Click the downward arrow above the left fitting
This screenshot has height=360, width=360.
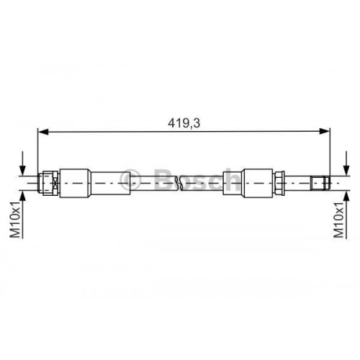click(26, 162)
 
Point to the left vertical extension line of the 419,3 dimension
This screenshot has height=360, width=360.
click(38, 151)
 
